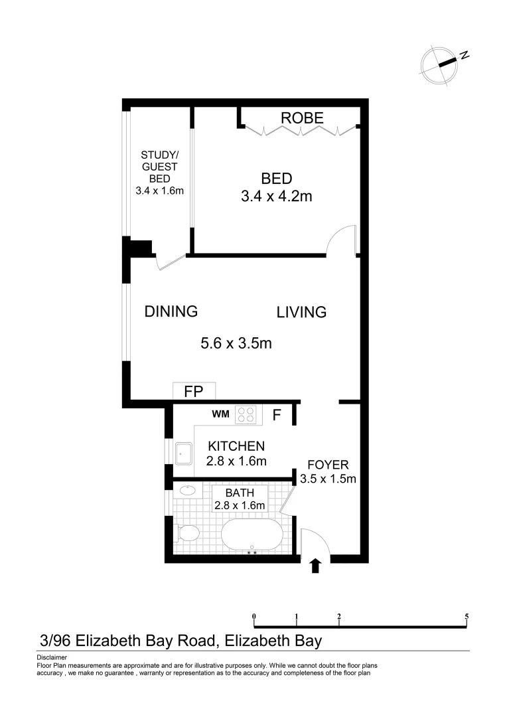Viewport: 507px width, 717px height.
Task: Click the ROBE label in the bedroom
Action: point(302,118)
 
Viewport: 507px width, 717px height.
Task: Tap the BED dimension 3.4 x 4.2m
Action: point(277,197)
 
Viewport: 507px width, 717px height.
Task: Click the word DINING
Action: point(171,311)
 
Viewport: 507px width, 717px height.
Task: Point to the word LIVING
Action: point(301,312)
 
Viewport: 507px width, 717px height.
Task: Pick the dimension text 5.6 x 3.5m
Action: point(237,343)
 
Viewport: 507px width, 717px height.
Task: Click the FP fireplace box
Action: point(194,391)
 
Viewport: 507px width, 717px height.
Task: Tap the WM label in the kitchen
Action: point(220,414)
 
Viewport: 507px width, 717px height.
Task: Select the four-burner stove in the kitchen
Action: point(246,415)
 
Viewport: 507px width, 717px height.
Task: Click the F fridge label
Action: point(277,416)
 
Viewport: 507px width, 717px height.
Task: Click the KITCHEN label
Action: point(236,446)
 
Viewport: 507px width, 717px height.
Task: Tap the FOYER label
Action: point(328,465)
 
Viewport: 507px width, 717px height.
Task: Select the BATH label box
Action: point(239,499)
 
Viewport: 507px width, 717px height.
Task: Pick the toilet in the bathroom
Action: point(187,533)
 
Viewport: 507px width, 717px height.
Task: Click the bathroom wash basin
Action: point(187,491)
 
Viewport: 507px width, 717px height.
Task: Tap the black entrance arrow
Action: point(315,566)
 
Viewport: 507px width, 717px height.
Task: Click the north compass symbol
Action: point(440,65)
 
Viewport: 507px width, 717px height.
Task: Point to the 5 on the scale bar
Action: point(467,616)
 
